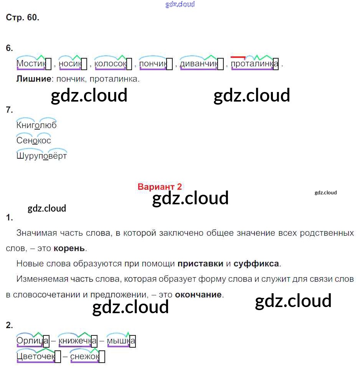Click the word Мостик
(x=31, y=63)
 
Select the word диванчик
(x=199, y=63)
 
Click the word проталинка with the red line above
(x=254, y=63)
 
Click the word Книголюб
(x=36, y=125)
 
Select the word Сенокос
(x=34, y=140)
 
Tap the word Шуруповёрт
(x=41, y=156)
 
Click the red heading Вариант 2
(x=159, y=187)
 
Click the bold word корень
(x=69, y=248)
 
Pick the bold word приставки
(x=200, y=264)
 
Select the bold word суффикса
(x=256, y=264)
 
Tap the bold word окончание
(x=198, y=295)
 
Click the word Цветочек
(x=36, y=356)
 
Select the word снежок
(x=84, y=356)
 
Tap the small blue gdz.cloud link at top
(x=180, y=4)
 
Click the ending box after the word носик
(x=84, y=64)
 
